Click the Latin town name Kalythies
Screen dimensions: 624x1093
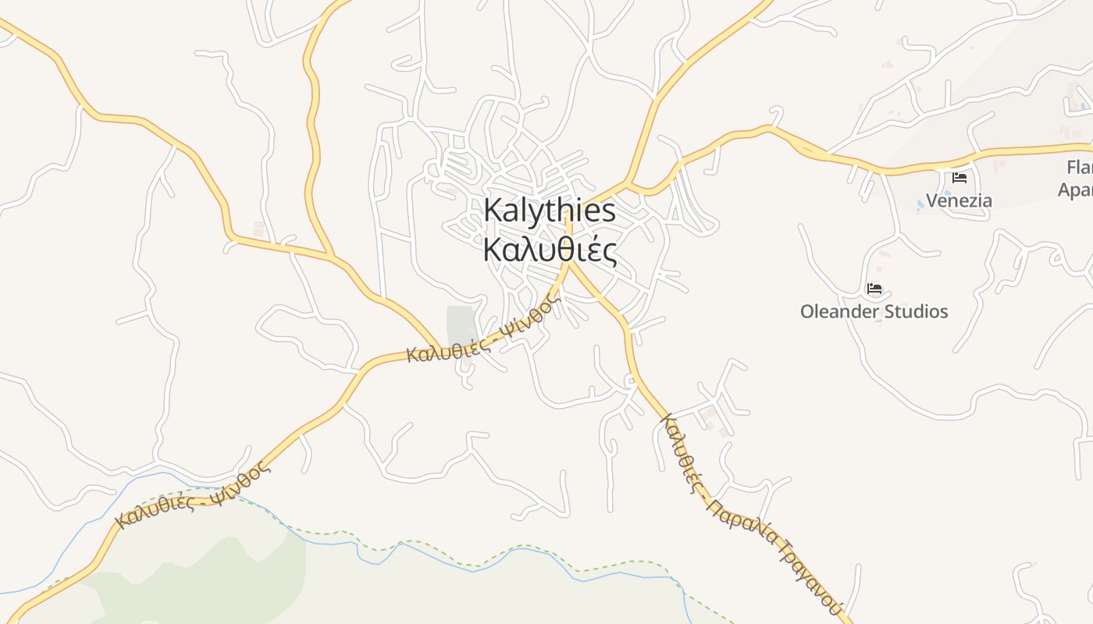coord(550,211)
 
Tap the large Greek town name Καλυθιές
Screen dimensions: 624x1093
coord(550,250)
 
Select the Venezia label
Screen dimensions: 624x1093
coord(959,200)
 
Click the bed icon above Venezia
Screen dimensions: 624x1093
coord(959,178)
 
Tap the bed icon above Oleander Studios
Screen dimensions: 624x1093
coord(874,289)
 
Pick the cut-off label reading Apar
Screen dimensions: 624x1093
coord(1075,190)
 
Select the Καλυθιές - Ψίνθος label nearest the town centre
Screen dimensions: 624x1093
coord(483,331)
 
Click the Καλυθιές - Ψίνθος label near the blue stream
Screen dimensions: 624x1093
coord(193,495)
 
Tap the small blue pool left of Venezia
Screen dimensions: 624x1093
coord(920,204)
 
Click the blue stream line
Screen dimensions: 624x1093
coord(437,558)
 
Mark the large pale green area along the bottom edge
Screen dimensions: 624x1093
coord(195,577)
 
